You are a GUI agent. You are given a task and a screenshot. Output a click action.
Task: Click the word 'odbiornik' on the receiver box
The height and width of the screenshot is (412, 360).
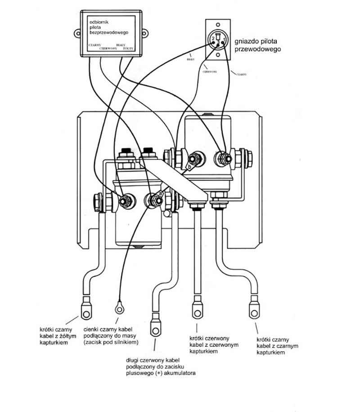(x=100, y=22)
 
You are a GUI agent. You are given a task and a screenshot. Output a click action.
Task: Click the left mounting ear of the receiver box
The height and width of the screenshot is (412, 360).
(x=77, y=32)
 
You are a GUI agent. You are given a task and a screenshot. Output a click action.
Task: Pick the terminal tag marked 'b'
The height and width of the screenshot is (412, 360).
(x=189, y=168)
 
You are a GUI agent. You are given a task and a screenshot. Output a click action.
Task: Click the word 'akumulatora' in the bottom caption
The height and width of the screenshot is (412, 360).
(x=180, y=373)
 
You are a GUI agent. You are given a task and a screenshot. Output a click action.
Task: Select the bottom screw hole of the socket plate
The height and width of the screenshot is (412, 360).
(x=218, y=54)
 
